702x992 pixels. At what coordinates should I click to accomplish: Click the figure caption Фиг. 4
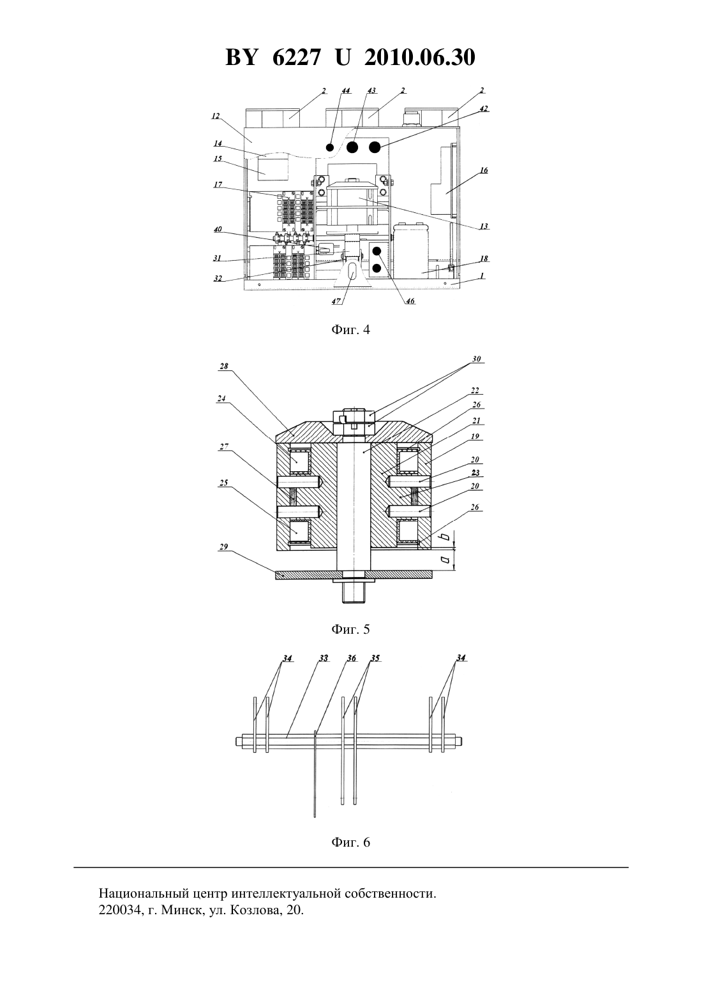(x=350, y=330)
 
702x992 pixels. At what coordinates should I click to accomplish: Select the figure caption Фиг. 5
(x=350, y=629)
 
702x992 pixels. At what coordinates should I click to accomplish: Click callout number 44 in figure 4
(x=346, y=91)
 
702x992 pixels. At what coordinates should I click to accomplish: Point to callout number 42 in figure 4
(x=484, y=108)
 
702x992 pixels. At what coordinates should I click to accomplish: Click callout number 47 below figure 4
(x=336, y=301)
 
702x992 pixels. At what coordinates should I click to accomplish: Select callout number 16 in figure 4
(x=484, y=170)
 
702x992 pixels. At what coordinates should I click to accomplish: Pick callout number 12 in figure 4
(x=216, y=116)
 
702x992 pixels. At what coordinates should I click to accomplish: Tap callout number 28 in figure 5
(x=223, y=366)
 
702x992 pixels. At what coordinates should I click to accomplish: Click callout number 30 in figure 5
(x=477, y=359)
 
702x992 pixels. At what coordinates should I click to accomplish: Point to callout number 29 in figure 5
(x=223, y=546)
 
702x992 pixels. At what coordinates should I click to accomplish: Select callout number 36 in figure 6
(x=352, y=658)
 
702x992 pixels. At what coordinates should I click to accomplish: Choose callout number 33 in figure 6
(x=324, y=658)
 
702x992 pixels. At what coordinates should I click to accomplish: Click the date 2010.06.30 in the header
(x=420, y=57)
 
